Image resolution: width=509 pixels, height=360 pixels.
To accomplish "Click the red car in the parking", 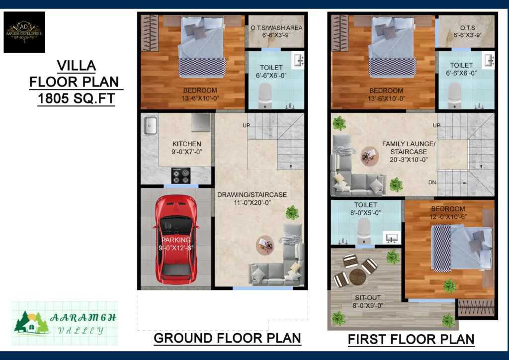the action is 176,240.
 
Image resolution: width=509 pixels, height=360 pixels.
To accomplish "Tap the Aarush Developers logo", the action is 24,32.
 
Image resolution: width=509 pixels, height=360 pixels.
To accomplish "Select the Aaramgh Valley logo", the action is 65,323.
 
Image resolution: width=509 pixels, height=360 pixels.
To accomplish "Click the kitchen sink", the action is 150,125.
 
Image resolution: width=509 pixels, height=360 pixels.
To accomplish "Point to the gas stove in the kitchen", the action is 181,176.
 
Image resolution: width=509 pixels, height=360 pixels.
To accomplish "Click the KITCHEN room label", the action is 187,144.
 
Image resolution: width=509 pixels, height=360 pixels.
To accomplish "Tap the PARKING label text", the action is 176,240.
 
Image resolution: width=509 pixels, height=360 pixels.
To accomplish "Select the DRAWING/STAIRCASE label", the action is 252,195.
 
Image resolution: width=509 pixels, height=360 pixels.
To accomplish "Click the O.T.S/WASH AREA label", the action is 276,28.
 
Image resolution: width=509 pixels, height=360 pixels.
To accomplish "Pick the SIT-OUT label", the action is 368,298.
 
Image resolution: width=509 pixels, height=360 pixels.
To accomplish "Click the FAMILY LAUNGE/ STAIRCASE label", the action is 409,148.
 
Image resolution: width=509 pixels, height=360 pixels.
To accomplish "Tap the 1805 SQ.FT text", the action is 76,98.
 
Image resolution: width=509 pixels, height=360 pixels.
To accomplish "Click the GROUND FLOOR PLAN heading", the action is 227,338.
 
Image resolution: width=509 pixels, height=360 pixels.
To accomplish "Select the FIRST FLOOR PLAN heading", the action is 411,339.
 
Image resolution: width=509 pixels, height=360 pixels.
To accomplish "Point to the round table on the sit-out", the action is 357,276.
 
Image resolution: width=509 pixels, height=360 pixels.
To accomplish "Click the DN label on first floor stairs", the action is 432,182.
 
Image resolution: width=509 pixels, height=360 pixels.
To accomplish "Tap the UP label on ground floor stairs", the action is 247,125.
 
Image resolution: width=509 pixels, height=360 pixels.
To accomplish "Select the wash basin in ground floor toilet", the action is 298,60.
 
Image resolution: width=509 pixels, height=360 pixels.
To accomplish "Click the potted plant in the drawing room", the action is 292,213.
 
